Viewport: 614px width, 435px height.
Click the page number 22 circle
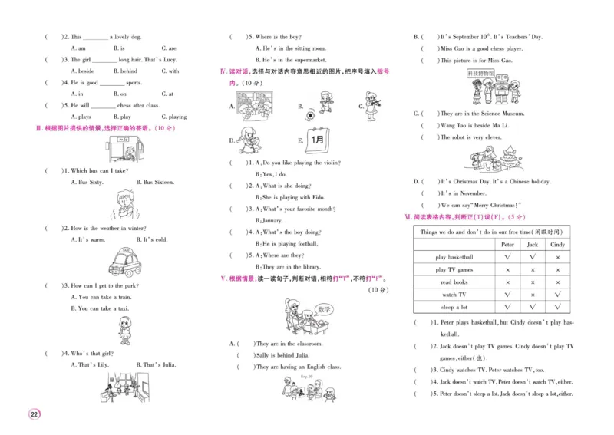pos(35,415)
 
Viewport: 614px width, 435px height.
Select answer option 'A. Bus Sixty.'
pos(86,183)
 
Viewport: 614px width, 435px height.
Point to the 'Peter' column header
pos(507,244)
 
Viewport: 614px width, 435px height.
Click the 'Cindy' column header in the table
pos(557,244)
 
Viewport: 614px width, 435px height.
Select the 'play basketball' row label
pos(454,257)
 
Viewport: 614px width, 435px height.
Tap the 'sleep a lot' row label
pos(454,307)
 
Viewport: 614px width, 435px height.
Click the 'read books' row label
pos(454,282)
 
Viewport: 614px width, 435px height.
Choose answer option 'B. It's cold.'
pos(151,239)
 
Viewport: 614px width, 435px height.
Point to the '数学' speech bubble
pos(323,311)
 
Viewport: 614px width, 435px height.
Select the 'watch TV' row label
pos(454,295)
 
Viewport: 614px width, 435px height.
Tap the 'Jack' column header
pos(532,244)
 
